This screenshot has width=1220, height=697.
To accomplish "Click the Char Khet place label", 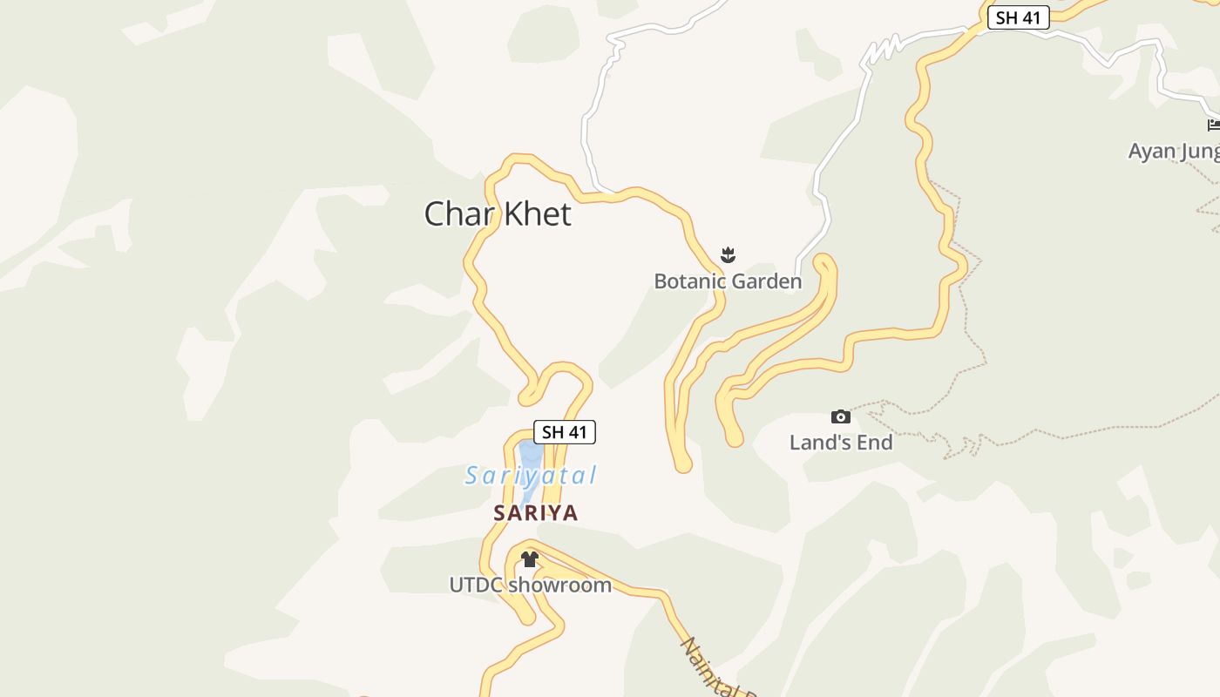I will [x=498, y=213].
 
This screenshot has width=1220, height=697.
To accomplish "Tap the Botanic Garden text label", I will [x=728, y=281].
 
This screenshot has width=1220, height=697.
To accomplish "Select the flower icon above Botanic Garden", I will [x=729, y=254].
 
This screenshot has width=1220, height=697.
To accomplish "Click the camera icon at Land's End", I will [x=841, y=417].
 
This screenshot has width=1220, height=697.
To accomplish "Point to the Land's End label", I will [x=841, y=443].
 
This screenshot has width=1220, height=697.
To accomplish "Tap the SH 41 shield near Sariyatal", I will [x=564, y=432].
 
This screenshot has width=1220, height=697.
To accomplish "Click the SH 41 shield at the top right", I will [x=1018, y=18].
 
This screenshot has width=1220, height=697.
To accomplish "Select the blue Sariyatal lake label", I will [x=530, y=476].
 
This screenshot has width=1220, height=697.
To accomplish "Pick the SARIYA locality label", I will [x=536, y=513].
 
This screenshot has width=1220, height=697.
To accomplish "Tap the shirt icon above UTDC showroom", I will [x=530, y=559].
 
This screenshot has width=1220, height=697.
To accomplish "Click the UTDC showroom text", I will [x=530, y=585].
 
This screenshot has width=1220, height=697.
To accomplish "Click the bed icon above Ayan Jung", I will [x=1214, y=125].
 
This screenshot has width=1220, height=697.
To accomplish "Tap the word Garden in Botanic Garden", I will [x=766, y=281].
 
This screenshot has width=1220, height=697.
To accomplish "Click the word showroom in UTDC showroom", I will [x=559, y=585].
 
